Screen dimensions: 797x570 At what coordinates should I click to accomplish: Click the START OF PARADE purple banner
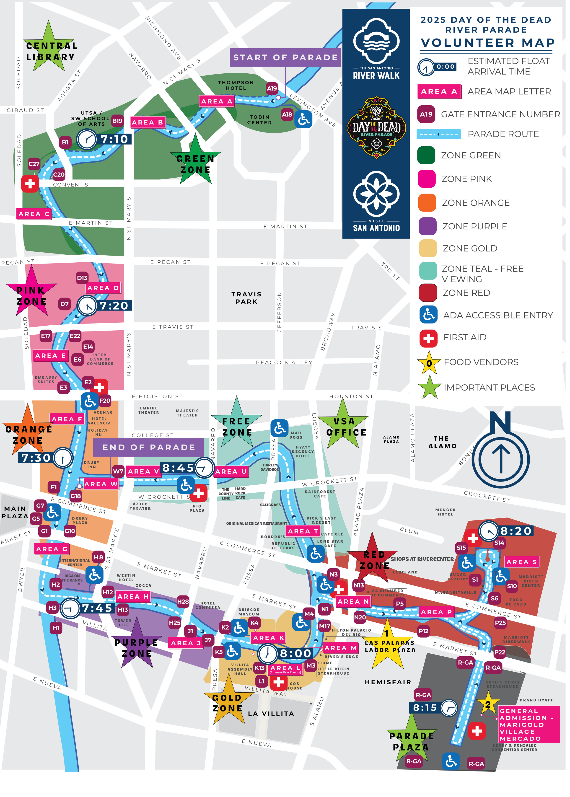coord(285,57)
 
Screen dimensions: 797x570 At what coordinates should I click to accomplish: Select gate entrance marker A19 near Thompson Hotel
coord(272,88)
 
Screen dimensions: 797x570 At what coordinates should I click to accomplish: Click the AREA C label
coord(34,214)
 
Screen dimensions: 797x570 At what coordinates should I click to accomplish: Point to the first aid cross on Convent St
coord(30,184)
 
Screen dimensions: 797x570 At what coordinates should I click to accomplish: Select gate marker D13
coord(82,278)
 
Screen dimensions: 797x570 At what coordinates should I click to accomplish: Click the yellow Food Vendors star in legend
coord(429,363)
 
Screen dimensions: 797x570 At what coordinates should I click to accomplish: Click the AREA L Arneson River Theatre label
coord(285,669)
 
